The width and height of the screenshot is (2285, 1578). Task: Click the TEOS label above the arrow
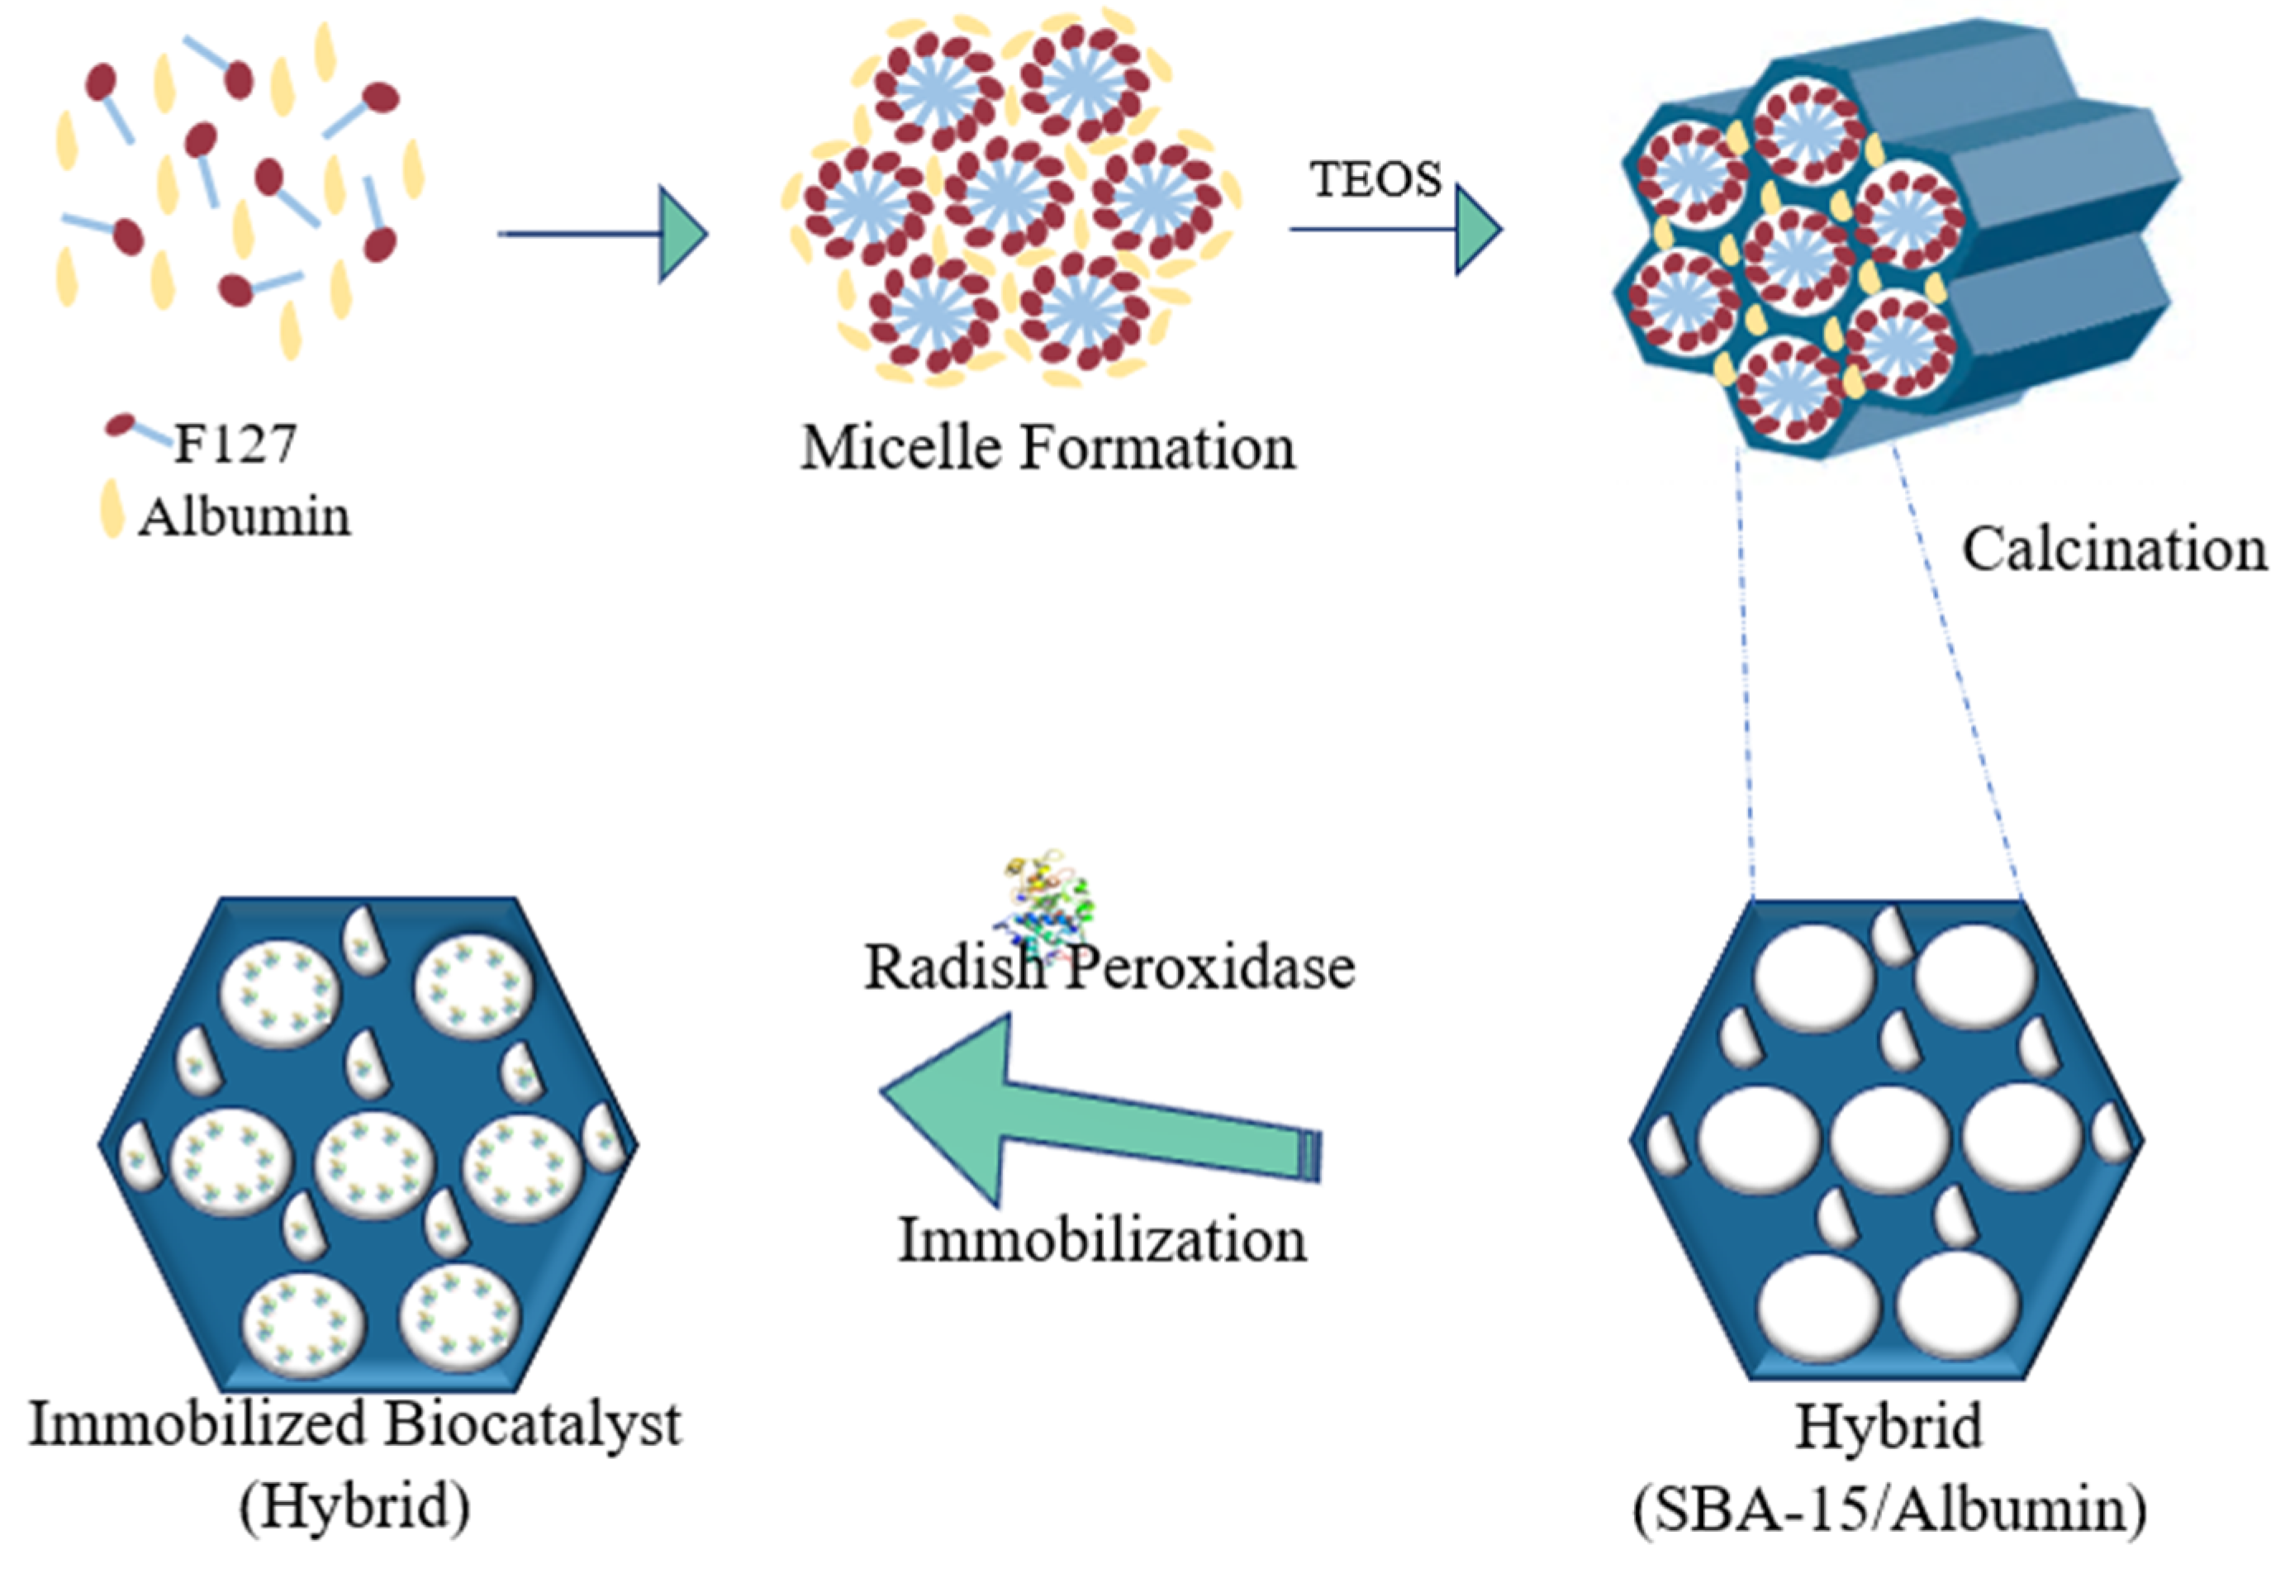click(1375, 180)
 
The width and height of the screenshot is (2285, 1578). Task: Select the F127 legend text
click(235, 444)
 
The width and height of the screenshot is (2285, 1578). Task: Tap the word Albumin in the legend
click(245, 517)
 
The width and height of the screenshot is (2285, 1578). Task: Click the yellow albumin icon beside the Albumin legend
click(112, 509)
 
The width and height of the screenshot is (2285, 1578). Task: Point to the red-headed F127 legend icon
click(121, 426)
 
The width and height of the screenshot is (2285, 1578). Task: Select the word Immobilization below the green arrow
click(1101, 1240)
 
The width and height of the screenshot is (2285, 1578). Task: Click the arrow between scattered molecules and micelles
click(603, 235)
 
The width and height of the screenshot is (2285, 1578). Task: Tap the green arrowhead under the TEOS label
click(1477, 231)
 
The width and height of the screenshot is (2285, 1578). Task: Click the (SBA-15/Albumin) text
click(1889, 1509)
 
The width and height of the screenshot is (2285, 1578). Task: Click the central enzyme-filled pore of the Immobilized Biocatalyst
click(373, 1164)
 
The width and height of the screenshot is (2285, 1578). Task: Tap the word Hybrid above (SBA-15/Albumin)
click(1888, 1426)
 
